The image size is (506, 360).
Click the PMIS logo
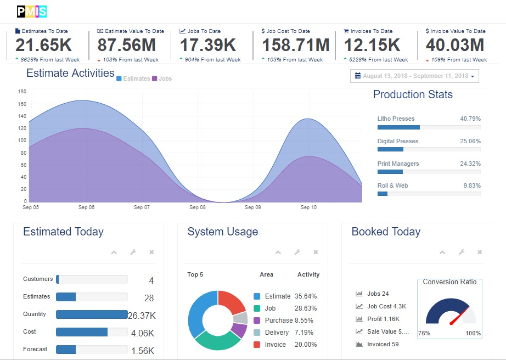[32, 12]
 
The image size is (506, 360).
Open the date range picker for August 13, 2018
[414, 76]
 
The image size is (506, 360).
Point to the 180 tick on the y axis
[23, 92]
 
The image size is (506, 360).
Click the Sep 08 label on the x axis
[198, 207]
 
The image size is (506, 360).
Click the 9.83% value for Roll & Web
[472, 186]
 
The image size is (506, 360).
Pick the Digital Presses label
[398, 142]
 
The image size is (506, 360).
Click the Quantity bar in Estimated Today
[92, 314]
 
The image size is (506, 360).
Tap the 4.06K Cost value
[143, 333]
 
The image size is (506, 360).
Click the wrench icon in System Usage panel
[297, 252]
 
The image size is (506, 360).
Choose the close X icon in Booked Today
[480, 252]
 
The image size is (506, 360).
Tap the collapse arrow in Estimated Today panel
[114, 252]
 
